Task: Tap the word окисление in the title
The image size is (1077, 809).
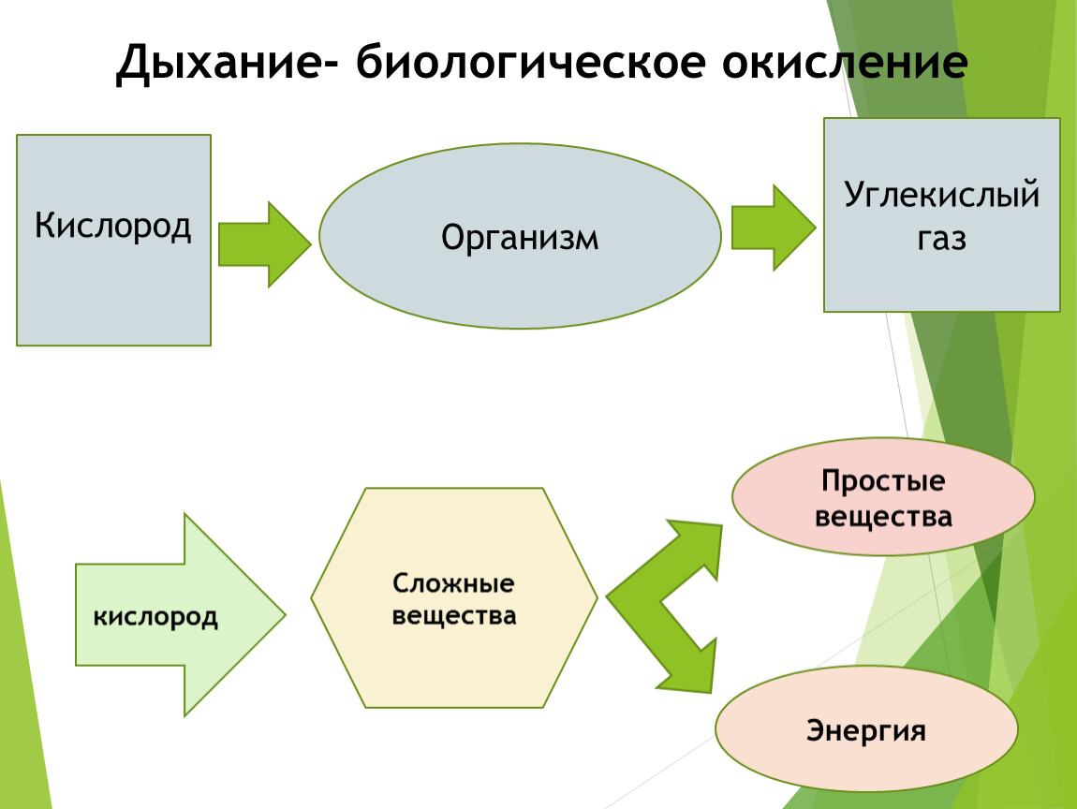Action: coord(846,62)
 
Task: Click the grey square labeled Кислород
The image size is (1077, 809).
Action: coord(113,240)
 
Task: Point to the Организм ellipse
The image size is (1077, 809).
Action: coord(520,236)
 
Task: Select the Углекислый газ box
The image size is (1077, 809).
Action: coord(942,215)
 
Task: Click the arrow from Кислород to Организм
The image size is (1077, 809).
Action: coord(264,243)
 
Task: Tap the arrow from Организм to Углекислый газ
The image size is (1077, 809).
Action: coord(774,228)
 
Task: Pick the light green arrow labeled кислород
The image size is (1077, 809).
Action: coord(180,614)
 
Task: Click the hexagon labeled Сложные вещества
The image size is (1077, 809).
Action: coord(454,597)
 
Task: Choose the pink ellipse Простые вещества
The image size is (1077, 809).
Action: coord(883,496)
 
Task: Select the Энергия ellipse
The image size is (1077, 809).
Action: coord(866,728)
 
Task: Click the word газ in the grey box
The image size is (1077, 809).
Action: coord(942,240)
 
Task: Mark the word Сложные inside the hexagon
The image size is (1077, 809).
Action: coord(453,583)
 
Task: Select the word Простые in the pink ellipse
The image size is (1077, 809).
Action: coord(883,480)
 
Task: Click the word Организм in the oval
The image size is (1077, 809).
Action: coord(520,239)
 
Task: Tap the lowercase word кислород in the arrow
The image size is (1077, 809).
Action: coord(155,617)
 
